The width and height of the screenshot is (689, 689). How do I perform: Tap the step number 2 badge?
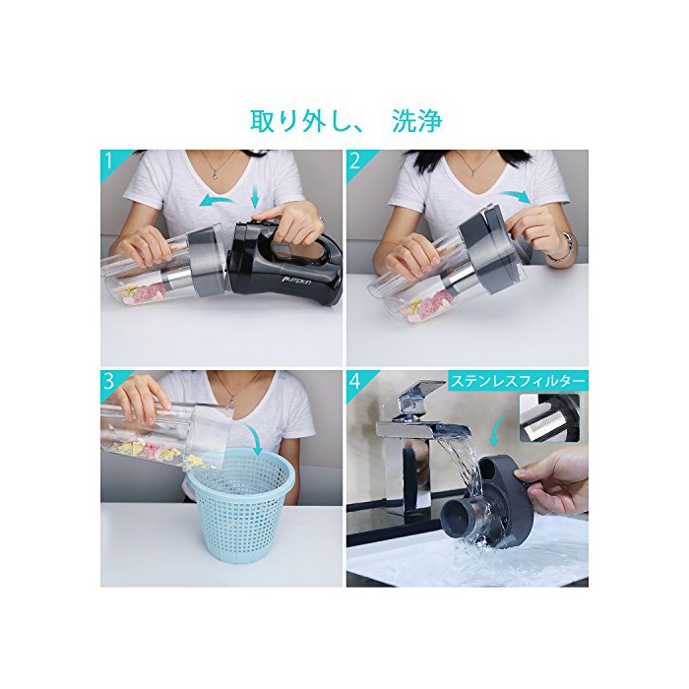[354, 160]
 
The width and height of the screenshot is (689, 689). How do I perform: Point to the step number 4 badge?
[354, 382]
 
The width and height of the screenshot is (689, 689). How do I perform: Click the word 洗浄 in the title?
[417, 120]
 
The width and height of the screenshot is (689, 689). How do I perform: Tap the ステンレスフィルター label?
[517, 381]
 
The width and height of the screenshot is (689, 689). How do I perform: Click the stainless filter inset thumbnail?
[549, 417]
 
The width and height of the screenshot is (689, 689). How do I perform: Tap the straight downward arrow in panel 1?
[255, 196]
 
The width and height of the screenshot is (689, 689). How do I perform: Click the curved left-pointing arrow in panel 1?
[217, 201]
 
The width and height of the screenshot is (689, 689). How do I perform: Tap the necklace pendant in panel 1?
[214, 174]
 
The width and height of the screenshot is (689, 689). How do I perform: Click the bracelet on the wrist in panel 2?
[567, 248]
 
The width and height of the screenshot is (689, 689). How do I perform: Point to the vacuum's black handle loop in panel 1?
[307, 244]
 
